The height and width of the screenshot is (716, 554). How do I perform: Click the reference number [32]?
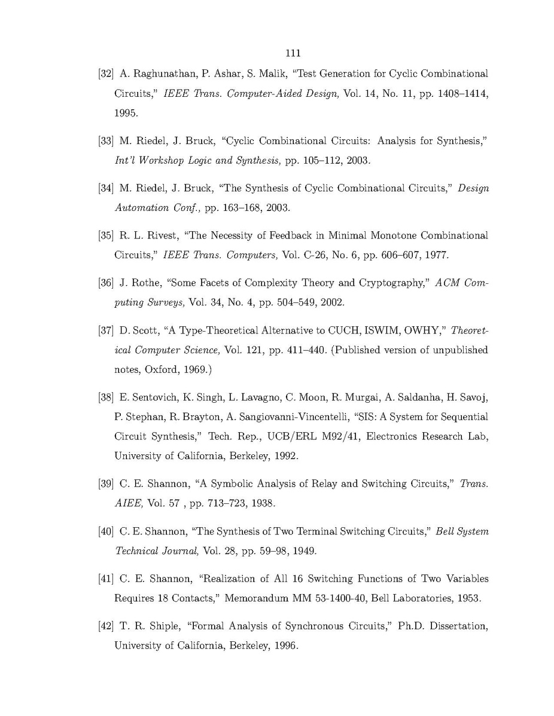[x=105, y=74]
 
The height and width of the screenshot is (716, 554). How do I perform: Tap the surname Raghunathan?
[x=156, y=74]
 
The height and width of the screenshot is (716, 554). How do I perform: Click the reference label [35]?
[x=105, y=235]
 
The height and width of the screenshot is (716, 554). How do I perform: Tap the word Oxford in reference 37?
[x=156, y=370]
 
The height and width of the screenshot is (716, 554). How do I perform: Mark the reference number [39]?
[x=105, y=484]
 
